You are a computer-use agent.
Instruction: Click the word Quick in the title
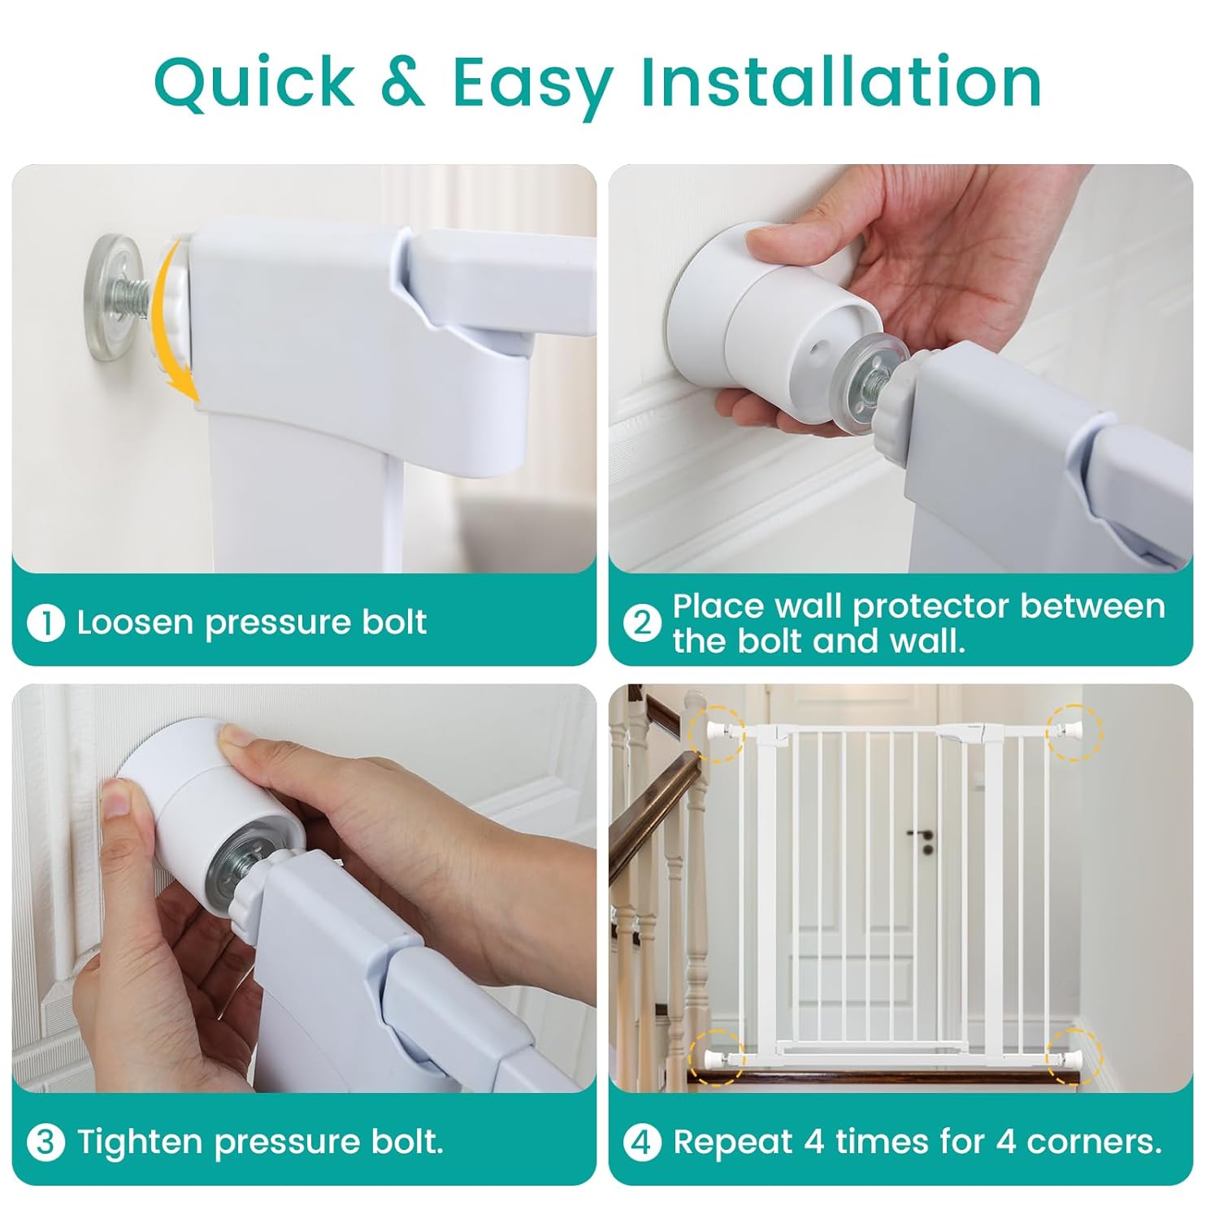point(254,83)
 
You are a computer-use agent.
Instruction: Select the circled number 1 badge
point(46,623)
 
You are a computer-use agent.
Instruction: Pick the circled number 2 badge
point(642,623)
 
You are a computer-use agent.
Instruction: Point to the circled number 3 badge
point(46,1143)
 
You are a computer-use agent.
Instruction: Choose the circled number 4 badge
point(642,1143)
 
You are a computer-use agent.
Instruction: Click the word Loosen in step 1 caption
point(136,623)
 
